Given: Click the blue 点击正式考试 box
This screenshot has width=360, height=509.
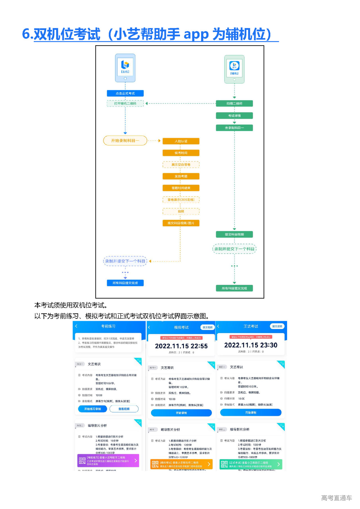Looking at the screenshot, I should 125,93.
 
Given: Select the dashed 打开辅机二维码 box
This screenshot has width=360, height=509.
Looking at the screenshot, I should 125,103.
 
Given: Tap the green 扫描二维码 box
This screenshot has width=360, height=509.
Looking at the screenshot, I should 234,103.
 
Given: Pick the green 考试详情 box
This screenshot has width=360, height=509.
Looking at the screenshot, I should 234,116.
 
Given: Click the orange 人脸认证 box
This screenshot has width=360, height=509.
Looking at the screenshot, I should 181,141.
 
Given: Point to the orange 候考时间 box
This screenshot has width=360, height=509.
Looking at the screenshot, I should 181,153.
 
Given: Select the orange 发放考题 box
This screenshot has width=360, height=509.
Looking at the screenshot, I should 181,176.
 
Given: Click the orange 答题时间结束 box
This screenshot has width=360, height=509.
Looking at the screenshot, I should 181,188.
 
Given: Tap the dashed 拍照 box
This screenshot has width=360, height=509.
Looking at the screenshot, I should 181,211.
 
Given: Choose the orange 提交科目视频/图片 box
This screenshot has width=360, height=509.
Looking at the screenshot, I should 181,223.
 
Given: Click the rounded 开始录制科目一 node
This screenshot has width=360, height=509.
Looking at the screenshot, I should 125,141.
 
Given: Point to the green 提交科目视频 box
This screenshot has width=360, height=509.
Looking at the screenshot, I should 234,234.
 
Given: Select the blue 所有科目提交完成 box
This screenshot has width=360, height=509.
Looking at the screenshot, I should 125,283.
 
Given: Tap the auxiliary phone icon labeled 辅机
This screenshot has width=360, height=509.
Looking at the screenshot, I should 234,69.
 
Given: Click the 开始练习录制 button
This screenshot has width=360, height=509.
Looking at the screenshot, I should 93,409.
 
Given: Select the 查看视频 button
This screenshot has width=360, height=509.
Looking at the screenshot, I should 124,409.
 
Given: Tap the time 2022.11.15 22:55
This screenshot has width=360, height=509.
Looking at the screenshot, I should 181,346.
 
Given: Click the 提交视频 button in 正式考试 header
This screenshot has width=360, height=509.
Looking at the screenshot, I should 277,326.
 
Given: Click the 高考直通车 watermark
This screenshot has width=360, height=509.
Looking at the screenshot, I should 336,498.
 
